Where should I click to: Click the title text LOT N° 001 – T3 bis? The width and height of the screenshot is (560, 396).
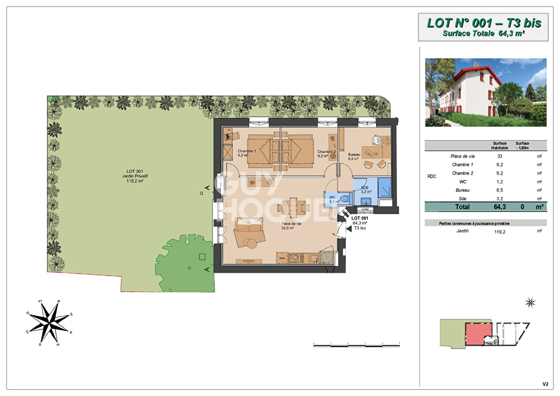[484, 23]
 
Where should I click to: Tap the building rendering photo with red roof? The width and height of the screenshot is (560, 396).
[486, 92]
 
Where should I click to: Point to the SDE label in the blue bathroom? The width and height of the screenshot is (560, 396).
[365, 188]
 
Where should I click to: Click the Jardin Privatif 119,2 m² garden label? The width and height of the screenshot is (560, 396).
[135, 176]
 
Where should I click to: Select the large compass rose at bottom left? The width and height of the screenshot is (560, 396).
[49, 323]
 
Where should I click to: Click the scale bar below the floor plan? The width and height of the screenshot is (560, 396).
[356, 345]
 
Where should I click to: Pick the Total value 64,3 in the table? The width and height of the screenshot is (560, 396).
[500, 207]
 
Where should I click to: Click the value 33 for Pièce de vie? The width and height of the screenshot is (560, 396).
[500, 156]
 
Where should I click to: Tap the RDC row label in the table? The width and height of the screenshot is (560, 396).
[432, 176]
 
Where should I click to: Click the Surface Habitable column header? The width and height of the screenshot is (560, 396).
[500, 146]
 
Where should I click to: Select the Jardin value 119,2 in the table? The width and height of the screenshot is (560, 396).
[500, 232]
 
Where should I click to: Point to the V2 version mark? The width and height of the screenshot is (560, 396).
[545, 384]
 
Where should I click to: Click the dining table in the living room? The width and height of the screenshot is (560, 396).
[293, 208]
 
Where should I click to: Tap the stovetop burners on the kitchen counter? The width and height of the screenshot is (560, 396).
[294, 258]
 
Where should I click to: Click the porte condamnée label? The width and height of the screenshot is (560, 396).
[365, 211]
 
